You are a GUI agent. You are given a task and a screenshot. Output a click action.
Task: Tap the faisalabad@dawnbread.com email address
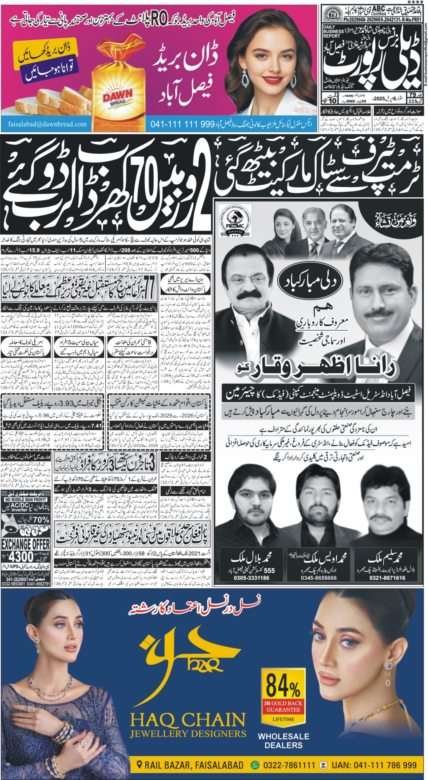click(47, 124)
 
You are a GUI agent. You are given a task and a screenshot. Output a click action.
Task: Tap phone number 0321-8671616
click(387, 578)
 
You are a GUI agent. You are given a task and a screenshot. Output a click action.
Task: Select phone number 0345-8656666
click(318, 578)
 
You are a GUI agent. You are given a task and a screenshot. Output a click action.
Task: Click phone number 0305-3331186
click(251, 578)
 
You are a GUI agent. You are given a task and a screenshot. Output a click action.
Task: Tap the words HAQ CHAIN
click(188, 720)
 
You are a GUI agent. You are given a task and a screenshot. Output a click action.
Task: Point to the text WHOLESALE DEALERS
click(283, 741)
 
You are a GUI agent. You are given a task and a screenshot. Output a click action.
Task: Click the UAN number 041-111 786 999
click(374, 765)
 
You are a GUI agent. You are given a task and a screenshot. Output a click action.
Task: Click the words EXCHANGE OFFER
click(26, 544)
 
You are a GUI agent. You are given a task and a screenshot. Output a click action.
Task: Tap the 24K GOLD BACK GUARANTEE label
click(283, 706)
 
